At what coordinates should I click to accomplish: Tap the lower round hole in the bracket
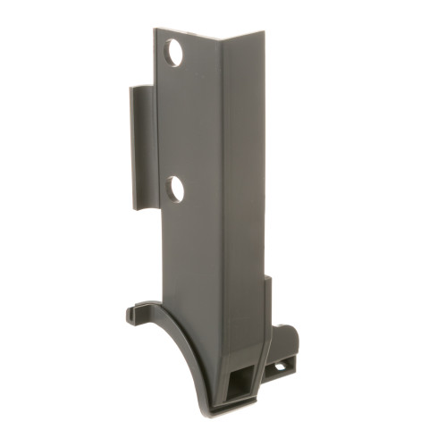(x=175, y=189)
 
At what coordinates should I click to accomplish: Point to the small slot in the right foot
(x=279, y=366)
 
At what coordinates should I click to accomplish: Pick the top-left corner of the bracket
(x=155, y=30)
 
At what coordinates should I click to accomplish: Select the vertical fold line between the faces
(x=223, y=179)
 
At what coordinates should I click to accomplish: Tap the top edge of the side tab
(x=141, y=88)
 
